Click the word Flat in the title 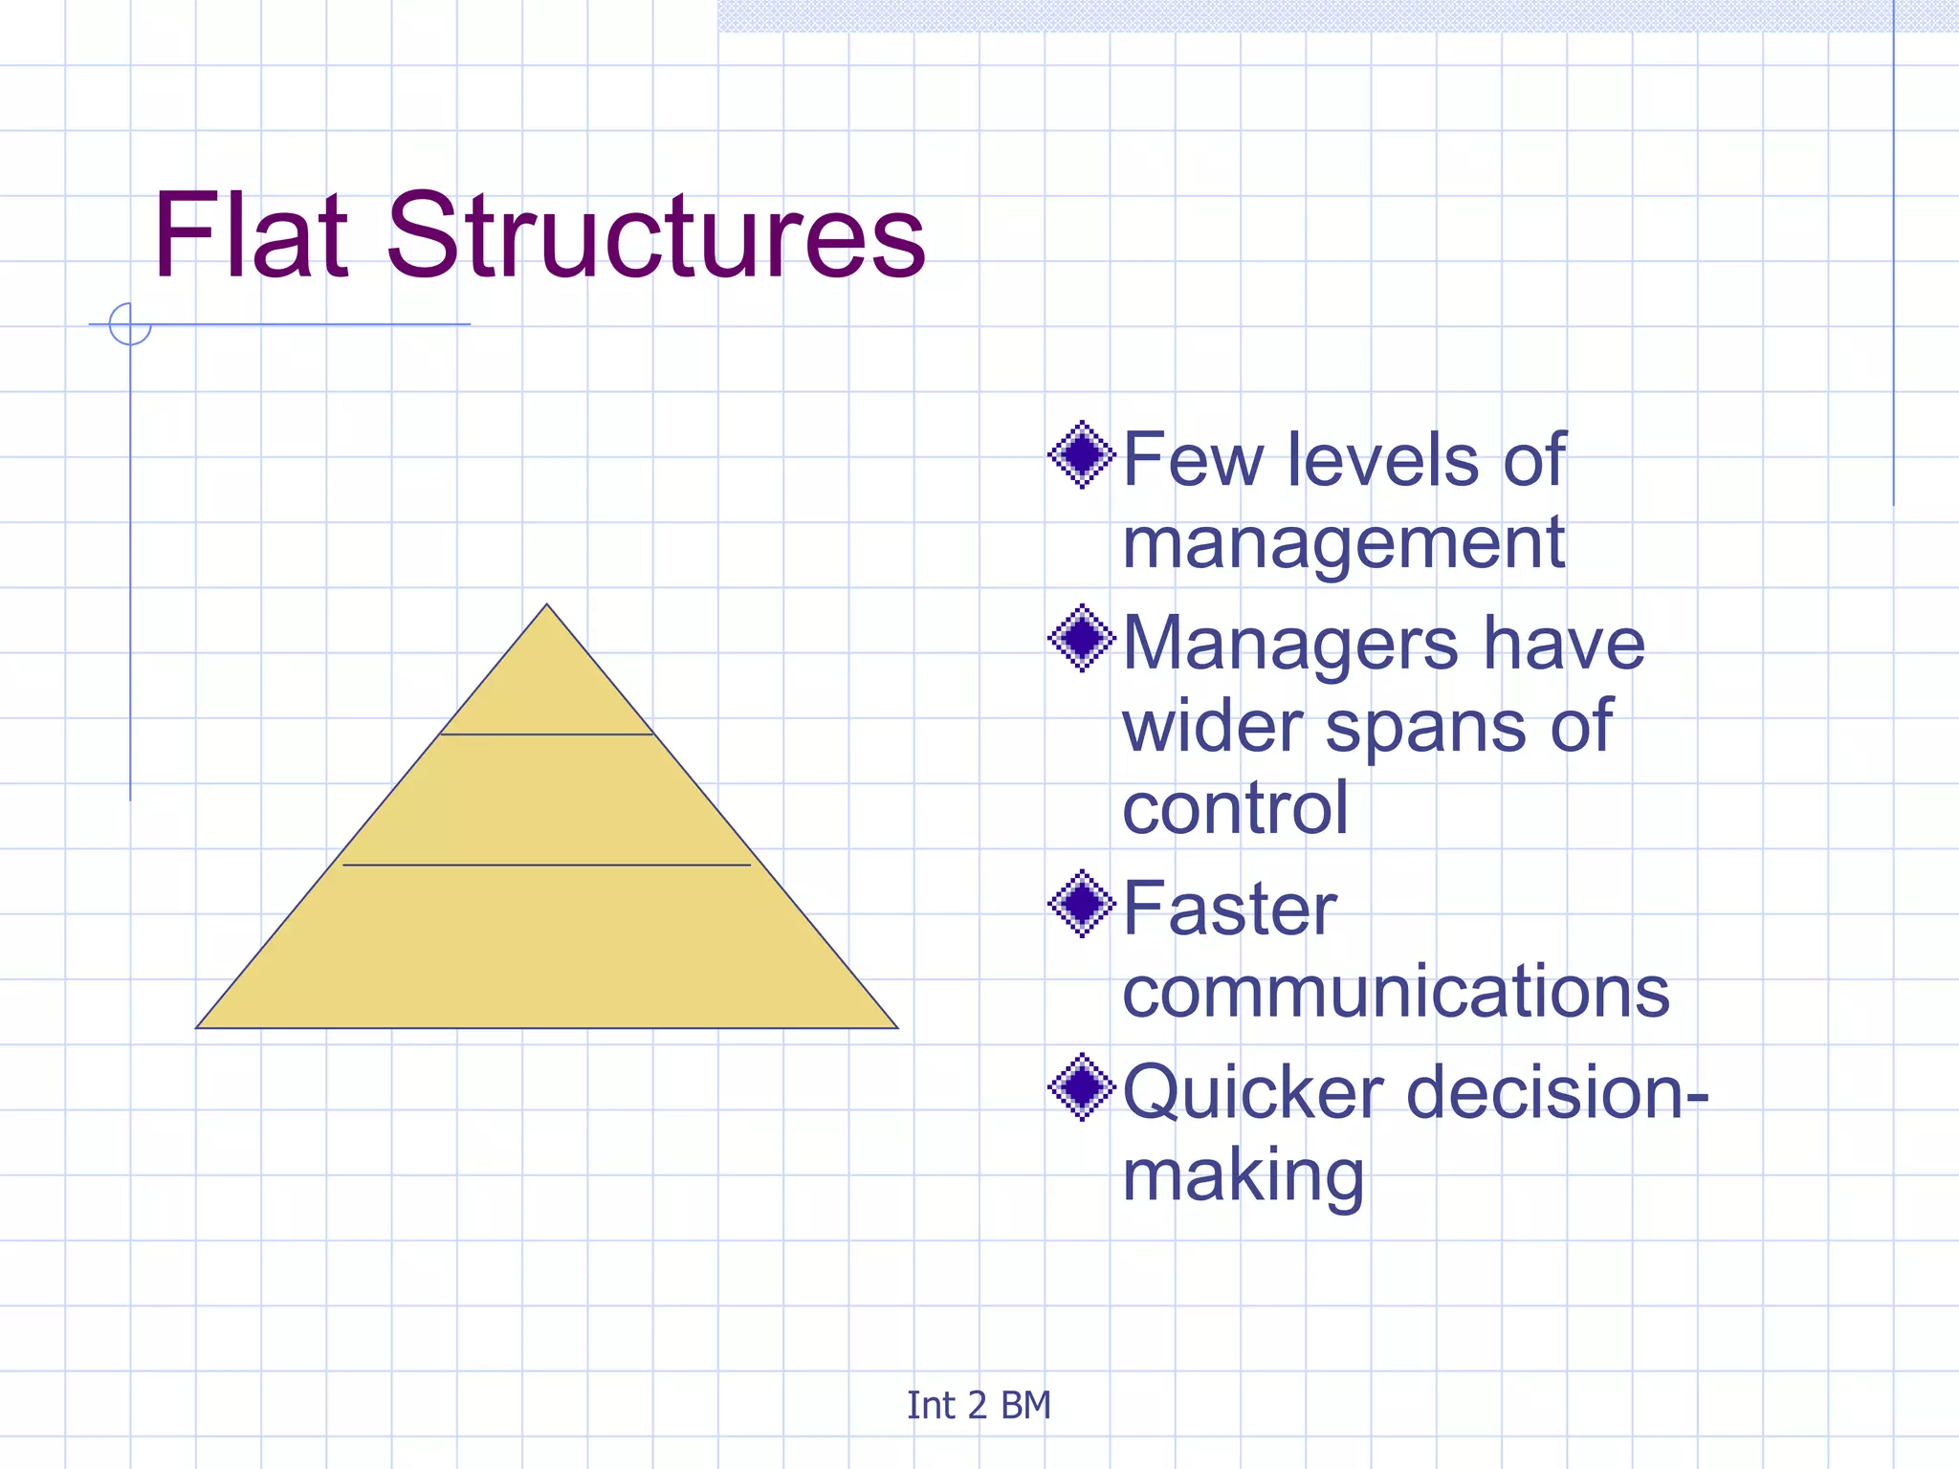(x=251, y=235)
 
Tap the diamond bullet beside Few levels (x=1082, y=454)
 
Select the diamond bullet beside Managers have (x=1082, y=638)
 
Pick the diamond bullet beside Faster (x=1082, y=903)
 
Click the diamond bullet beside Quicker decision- (x=1082, y=1086)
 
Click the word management (x=1343, y=543)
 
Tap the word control (x=1235, y=808)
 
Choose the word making (x=1243, y=1176)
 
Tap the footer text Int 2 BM (x=979, y=1405)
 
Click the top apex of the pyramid (x=547, y=605)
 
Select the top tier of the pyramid (x=547, y=689)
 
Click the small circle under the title (x=130, y=324)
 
